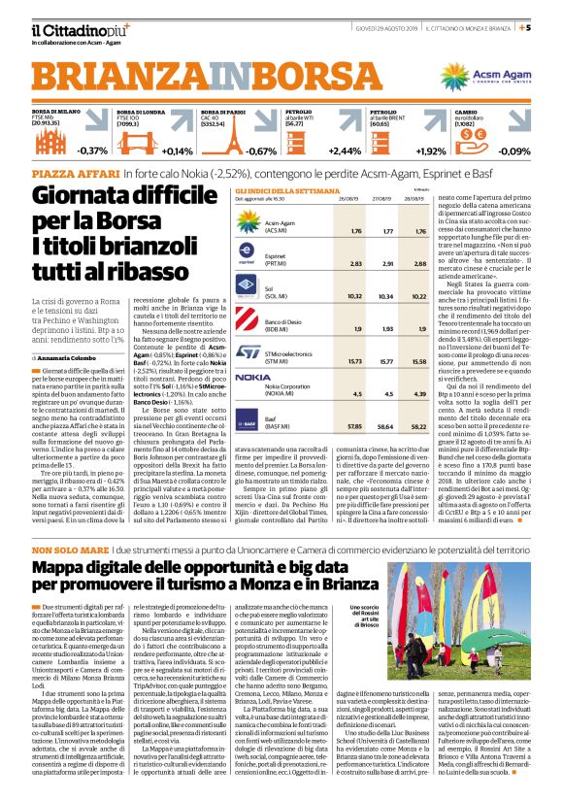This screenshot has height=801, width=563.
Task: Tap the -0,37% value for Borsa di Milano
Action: (92, 151)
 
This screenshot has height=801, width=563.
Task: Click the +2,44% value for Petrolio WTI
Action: (345, 151)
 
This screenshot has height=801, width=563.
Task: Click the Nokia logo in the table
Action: (253, 376)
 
